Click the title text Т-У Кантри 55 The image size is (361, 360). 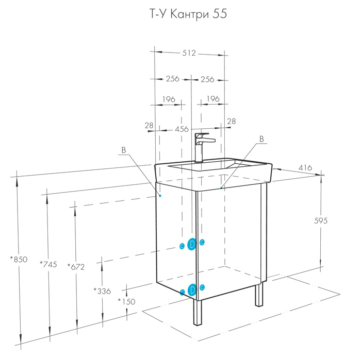pos(188,14)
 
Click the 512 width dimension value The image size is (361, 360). pos(189,53)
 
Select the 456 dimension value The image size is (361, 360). pos(182,129)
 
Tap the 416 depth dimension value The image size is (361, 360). pos(305,167)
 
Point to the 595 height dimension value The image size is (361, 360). pos(321,221)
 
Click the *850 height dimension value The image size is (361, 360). pos(19,259)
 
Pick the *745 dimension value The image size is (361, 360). pos(48,264)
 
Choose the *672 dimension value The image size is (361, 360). pos(76,267)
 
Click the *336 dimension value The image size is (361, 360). pos(102,291)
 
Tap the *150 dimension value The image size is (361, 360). pos(126,301)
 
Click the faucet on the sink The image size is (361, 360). pos(202,148)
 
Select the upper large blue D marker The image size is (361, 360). pos(192,244)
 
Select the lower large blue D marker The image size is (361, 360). pos(192,289)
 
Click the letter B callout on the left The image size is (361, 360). pos(124,150)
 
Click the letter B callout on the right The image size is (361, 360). pos(261,139)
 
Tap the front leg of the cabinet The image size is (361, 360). pos(198,313)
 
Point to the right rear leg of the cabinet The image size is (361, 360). pos(259,294)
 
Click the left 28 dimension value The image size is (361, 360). pos(149,126)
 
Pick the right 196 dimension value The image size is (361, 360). pos(213,99)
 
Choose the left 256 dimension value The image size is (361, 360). pos(172,79)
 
